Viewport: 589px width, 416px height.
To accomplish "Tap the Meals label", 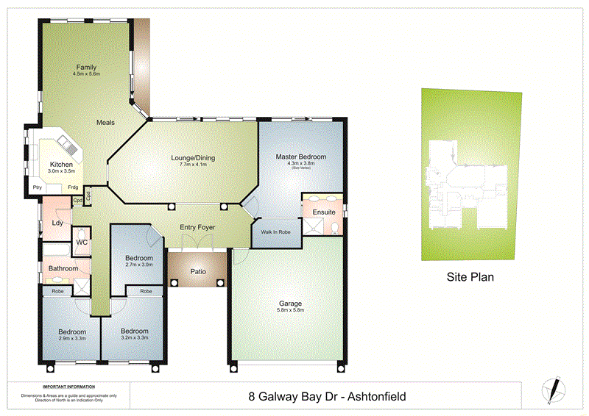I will click(105, 123).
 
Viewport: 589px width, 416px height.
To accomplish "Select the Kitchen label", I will click(61, 164).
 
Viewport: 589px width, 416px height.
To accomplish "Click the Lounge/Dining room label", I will click(192, 158).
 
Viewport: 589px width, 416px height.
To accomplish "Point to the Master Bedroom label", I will click(300, 157).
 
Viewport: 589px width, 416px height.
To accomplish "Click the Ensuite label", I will click(324, 212).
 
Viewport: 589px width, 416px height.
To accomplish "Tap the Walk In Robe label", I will click(276, 232).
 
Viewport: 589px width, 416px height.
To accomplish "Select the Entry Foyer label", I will click(197, 228).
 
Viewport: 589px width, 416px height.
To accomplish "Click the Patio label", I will click(197, 271).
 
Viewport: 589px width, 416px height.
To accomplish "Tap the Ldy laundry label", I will click(57, 223).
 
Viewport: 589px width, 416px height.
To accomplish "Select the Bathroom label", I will click(63, 268).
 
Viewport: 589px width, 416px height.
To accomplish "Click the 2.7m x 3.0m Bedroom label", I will click(138, 258).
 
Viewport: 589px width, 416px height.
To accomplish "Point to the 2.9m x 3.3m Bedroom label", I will click(72, 331).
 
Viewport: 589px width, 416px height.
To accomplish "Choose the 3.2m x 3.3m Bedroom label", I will click(135, 331).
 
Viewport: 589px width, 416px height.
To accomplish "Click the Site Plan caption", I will click(470, 278).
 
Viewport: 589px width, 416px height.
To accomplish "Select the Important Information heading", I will click(68, 387).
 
